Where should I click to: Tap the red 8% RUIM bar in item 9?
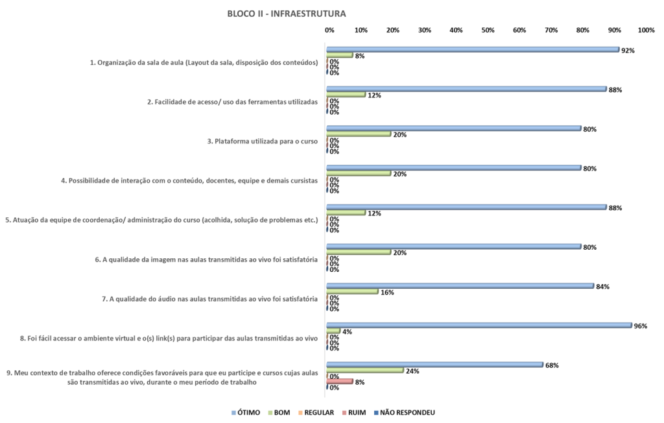tap(340, 381)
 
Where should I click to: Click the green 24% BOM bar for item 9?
tap(365, 370)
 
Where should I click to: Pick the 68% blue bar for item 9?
tap(434, 365)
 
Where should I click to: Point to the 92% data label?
tap(627, 50)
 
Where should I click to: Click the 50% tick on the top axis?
tap(488, 30)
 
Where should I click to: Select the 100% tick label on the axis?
tap(646, 30)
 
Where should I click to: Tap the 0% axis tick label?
tap(329, 30)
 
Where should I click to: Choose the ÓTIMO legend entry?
tap(245, 412)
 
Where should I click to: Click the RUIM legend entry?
tap(353, 412)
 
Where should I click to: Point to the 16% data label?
tap(387, 293)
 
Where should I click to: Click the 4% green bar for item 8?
tap(333, 331)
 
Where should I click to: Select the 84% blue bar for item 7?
tap(460, 285)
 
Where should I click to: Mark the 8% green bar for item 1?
tap(340, 55)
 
